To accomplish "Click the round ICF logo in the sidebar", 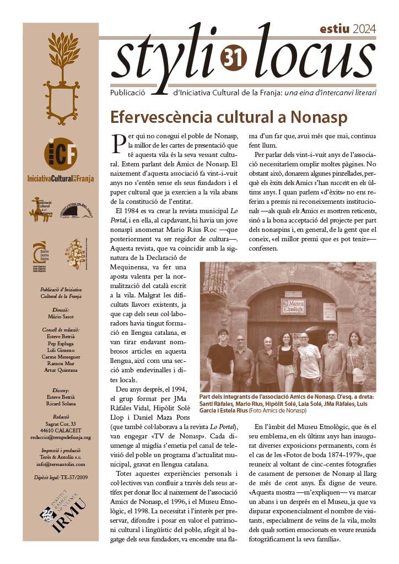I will pos(61,153).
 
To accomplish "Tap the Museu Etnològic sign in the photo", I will pos(293,306).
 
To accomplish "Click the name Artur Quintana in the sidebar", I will pos(61,370).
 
